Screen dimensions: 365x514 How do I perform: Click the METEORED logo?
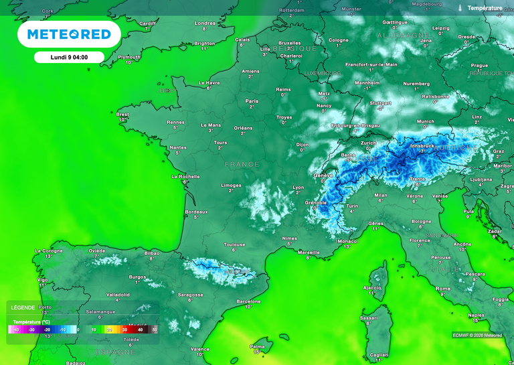click(68, 33)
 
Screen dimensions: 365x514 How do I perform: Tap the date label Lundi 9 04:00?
click(68, 57)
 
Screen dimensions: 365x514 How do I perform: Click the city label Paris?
click(252, 101)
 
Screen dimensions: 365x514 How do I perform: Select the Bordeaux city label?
click(196, 212)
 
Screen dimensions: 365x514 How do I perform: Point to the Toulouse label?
click(234, 244)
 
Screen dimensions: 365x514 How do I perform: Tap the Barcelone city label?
click(248, 301)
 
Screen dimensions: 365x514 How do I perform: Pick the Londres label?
click(205, 23)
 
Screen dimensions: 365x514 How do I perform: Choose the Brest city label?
click(122, 115)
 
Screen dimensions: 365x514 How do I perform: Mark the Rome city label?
click(443, 288)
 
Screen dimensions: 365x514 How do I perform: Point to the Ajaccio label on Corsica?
click(371, 287)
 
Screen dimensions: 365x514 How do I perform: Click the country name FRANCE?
click(242, 164)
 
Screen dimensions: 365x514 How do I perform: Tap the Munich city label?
click(425, 122)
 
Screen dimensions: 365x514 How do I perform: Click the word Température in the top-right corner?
click(485, 8)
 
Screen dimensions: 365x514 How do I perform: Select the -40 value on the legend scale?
click(15, 330)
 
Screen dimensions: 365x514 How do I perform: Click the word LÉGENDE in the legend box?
click(23, 307)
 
